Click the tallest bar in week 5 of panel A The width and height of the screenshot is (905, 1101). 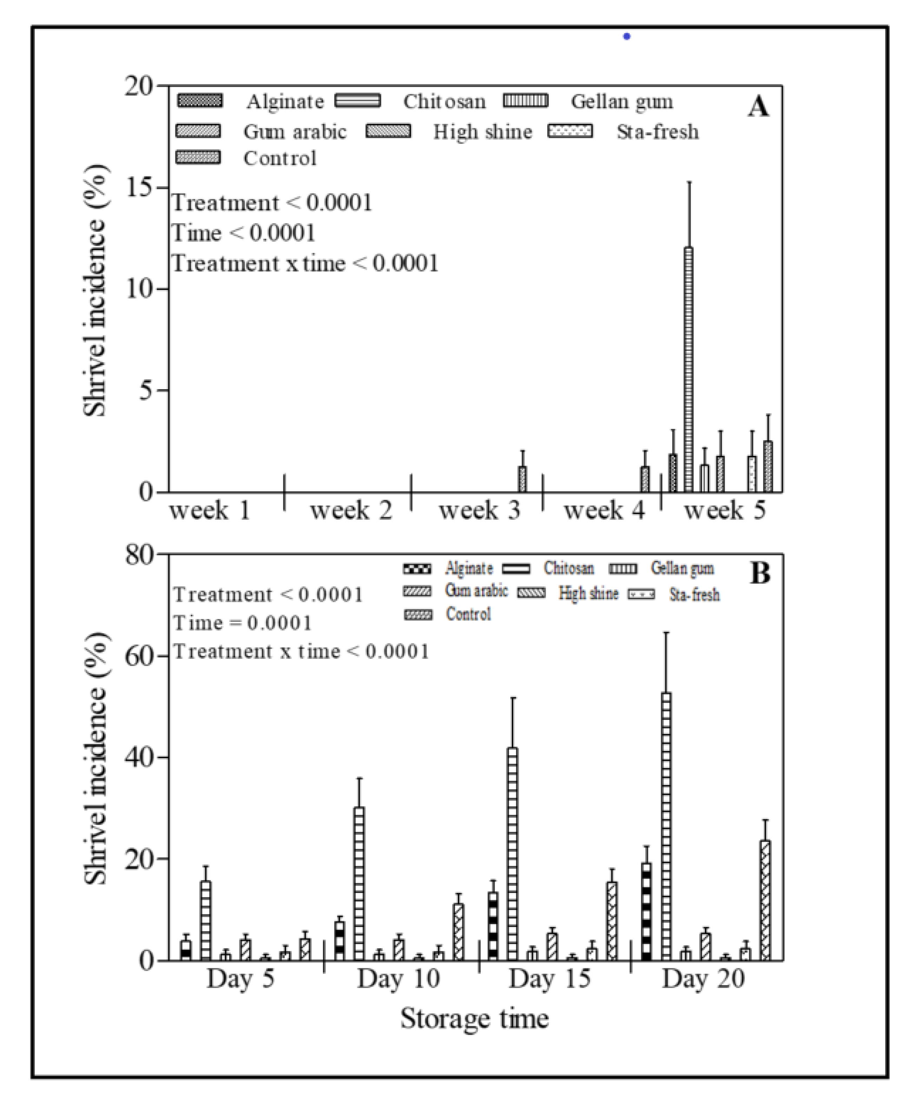689,370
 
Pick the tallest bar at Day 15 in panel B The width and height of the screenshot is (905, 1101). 513,855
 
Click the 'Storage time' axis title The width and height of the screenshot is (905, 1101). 474,1018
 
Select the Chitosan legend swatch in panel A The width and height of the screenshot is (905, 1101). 358,100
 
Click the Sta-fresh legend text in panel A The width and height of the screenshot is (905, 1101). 658,132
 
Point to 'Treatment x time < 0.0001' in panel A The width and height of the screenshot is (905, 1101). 305,264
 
